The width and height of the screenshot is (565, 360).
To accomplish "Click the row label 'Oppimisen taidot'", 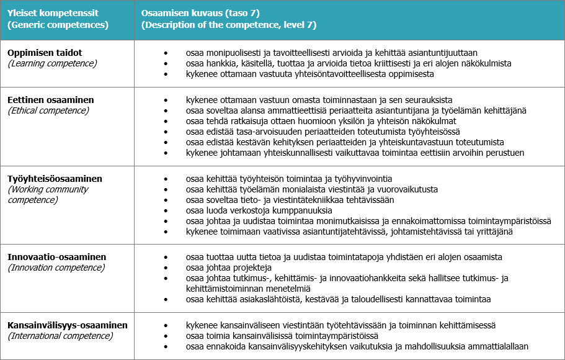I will tap(45, 53).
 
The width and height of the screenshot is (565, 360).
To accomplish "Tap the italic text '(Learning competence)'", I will tap(52, 63).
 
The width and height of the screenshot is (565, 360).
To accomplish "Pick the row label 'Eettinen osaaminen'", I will tap(51, 100).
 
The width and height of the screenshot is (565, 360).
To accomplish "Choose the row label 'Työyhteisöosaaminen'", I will tap(55, 179).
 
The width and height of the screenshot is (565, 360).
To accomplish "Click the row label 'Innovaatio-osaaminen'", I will tap(57, 257).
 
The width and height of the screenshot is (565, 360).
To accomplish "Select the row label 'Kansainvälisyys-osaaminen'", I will tap(68, 325).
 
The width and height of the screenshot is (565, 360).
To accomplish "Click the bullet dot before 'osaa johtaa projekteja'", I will tap(166, 268).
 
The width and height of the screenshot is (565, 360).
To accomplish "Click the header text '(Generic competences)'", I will tap(58, 25).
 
